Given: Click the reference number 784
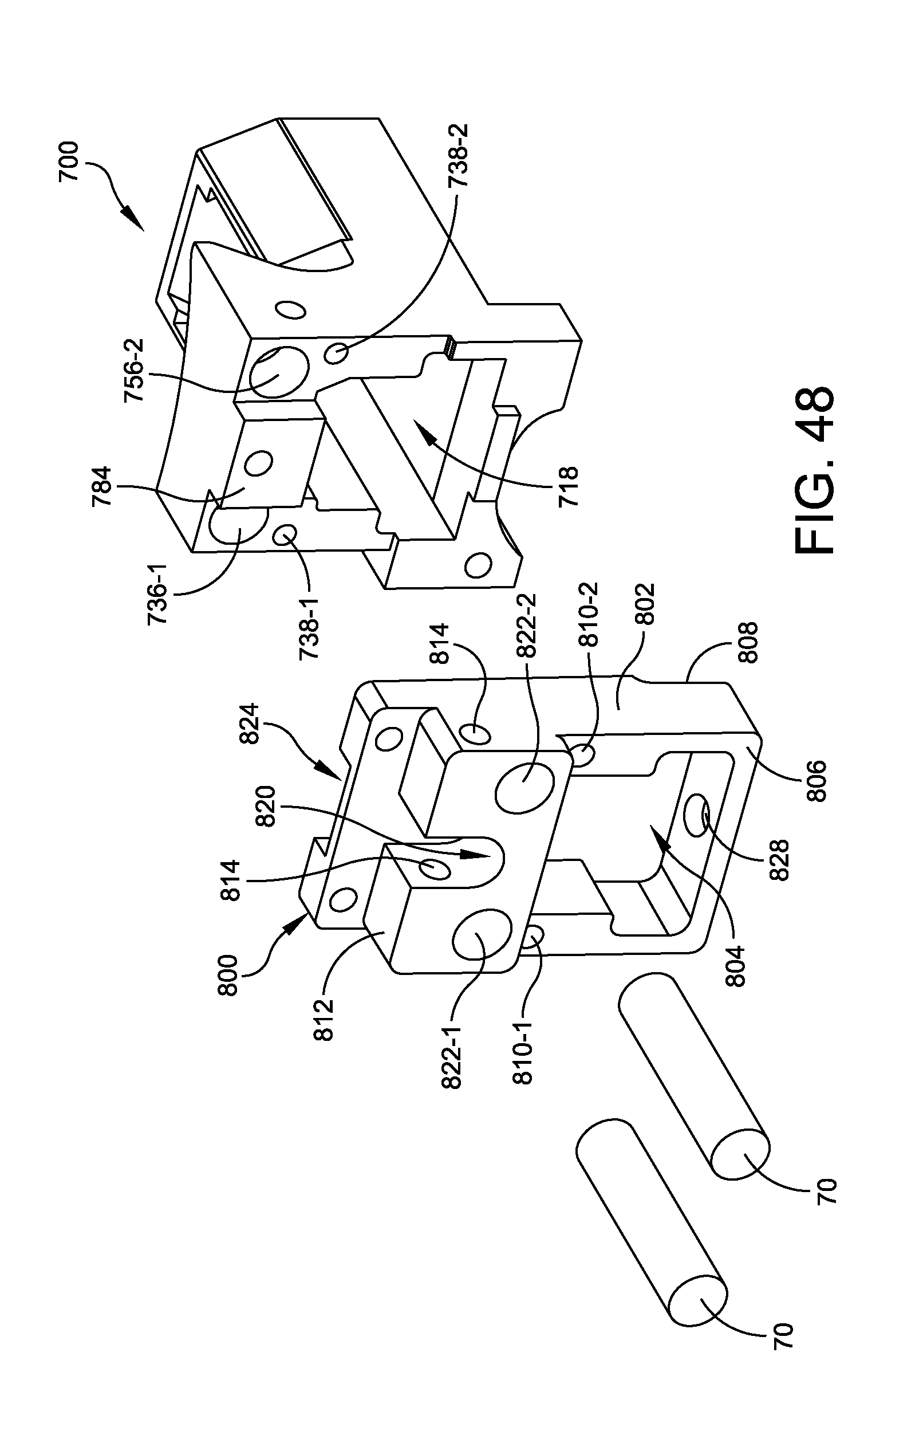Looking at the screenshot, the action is [102, 486].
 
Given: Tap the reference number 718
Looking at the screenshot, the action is [569, 486].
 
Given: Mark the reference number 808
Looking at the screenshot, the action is [747, 642].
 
